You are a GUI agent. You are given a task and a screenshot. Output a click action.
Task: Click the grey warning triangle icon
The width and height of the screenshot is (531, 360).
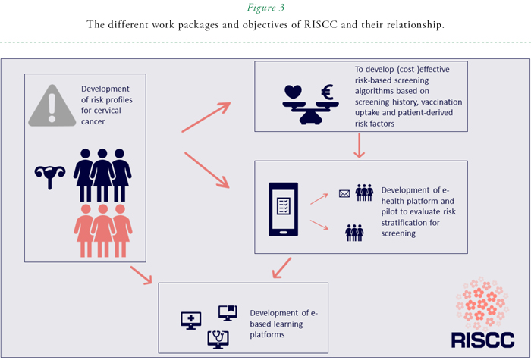[51, 107]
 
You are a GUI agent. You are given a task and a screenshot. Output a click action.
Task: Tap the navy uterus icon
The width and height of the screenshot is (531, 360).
[50, 175]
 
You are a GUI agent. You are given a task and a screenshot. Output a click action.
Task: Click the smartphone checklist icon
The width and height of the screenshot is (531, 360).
[283, 206]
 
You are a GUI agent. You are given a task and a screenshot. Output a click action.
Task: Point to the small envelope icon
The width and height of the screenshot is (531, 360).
[344, 194]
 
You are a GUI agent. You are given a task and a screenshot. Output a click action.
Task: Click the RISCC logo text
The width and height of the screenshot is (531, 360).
[482, 339]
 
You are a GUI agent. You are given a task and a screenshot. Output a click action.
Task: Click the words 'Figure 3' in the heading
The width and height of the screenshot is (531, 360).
[265, 8]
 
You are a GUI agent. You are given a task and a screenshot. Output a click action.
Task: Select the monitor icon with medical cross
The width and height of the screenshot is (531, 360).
[191, 319]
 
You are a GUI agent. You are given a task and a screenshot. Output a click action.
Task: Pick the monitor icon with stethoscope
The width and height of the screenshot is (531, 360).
[218, 339]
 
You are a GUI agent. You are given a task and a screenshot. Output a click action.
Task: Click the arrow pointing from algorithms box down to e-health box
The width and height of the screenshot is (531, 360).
[360, 146]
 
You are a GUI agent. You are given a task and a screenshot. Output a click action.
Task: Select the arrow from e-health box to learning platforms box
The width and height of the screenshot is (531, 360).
[281, 267]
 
